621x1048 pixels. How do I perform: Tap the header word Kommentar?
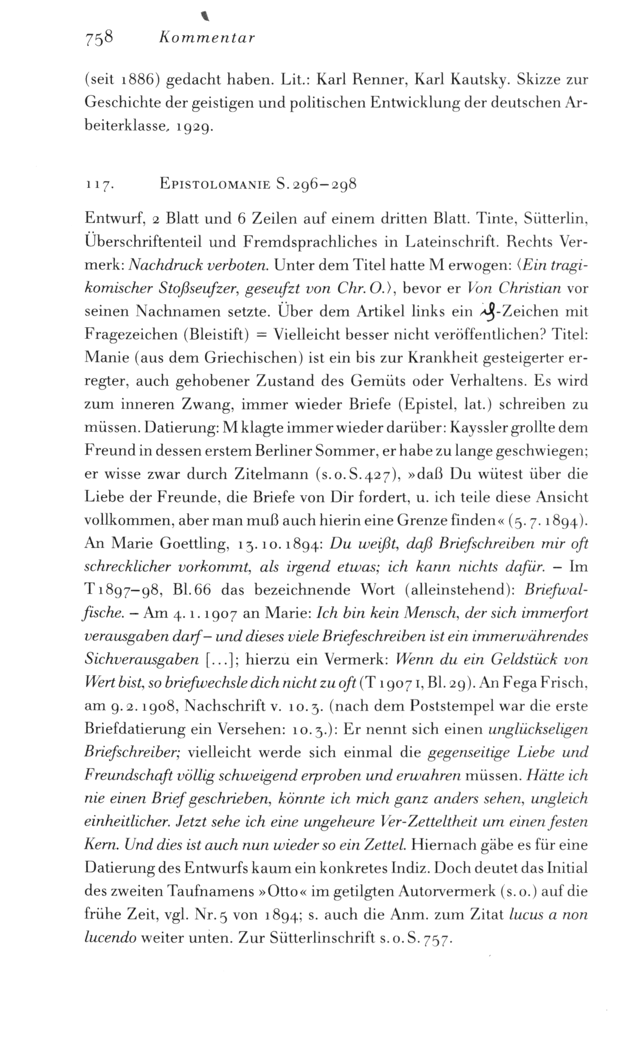click(x=206, y=37)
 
